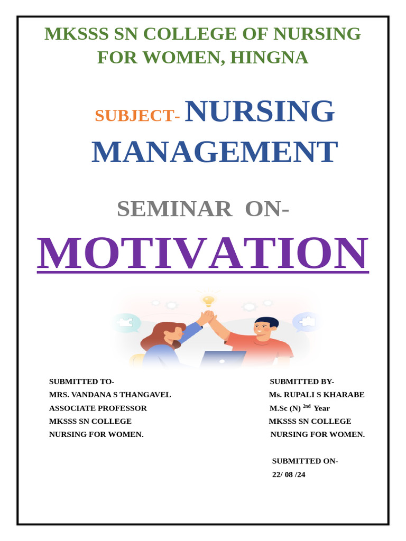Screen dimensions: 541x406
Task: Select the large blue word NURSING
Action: click(260, 111)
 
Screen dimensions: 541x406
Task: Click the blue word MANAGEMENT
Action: click(214, 152)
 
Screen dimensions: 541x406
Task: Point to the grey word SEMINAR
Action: click(174, 209)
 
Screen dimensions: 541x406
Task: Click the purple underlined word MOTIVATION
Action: click(203, 254)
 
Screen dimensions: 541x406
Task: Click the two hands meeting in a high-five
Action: click(208, 317)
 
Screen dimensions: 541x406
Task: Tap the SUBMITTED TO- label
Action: click(81, 381)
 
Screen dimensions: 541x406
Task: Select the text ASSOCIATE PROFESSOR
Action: click(98, 408)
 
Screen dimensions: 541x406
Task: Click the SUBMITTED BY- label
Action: click(302, 381)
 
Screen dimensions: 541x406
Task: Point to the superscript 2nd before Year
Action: click(307, 406)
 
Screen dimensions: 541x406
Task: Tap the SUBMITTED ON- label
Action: click(305, 461)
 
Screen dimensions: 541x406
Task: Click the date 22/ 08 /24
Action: click(289, 474)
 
